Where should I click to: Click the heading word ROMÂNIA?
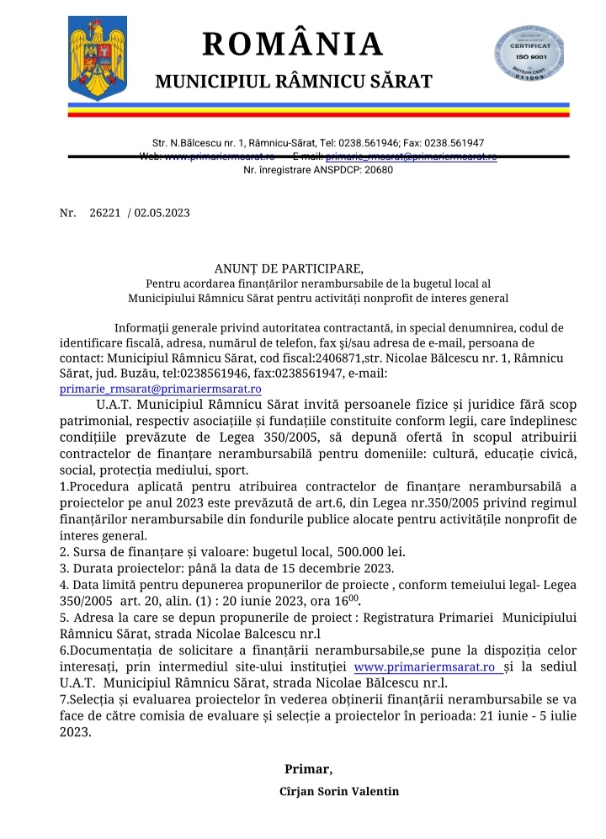point(292,44)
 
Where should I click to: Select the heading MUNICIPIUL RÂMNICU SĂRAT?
point(294,82)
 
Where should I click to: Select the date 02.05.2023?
point(162,213)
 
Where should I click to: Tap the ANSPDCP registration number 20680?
point(376,169)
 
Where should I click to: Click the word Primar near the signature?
point(308,768)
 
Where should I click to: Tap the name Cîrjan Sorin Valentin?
point(339,791)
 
